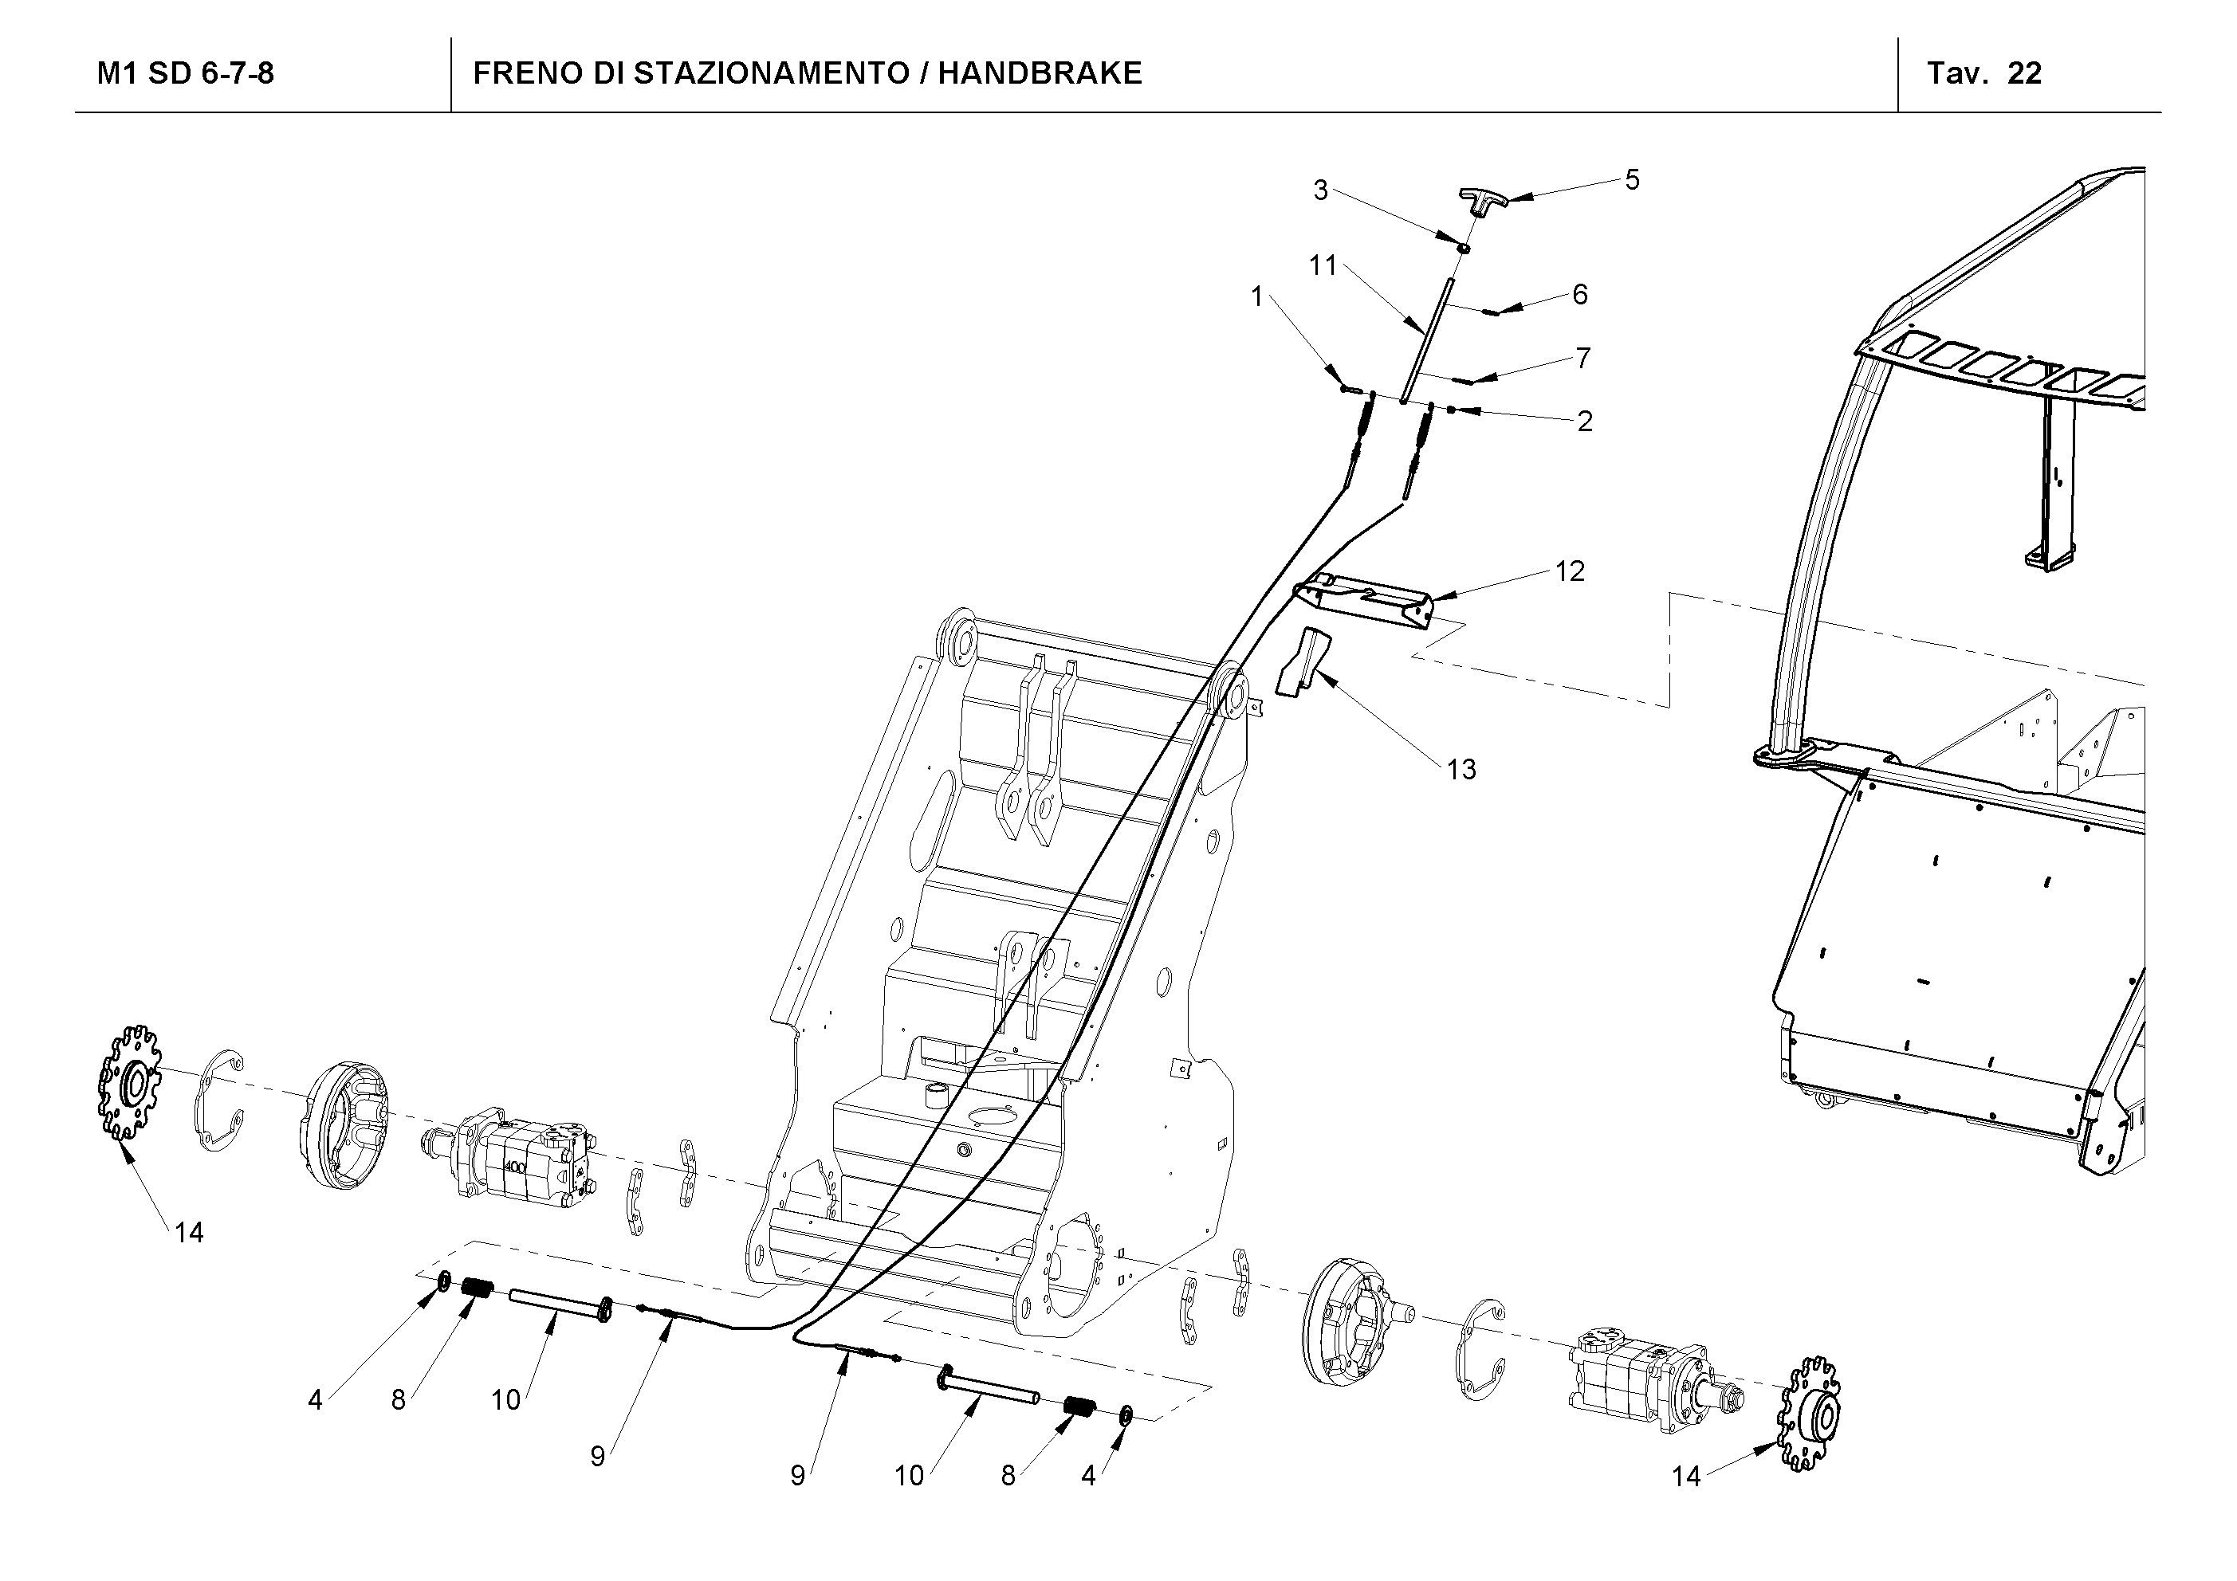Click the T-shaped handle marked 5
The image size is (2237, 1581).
[1483, 201]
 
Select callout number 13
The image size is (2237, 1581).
[1461, 770]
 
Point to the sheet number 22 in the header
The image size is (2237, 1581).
[2025, 73]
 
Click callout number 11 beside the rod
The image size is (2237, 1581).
[1322, 265]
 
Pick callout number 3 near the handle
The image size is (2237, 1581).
[1320, 191]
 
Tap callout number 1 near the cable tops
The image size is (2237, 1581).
[1257, 297]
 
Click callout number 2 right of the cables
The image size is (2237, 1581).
[1584, 422]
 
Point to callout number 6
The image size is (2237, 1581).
[1579, 294]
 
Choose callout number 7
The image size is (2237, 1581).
[1582, 359]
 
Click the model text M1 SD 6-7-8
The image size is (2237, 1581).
[185, 73]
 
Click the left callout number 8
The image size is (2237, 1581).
[398, 1401]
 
